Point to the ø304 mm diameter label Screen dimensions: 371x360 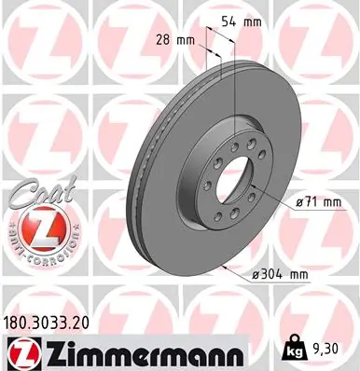281,275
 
